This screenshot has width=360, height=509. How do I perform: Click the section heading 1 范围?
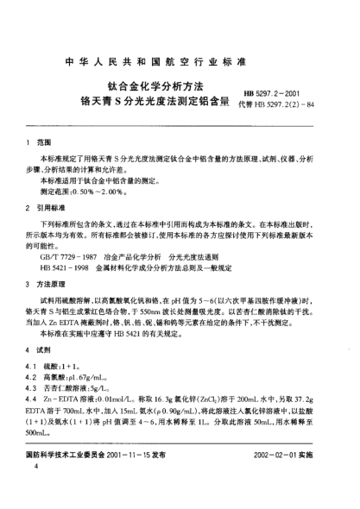click(41, 142)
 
